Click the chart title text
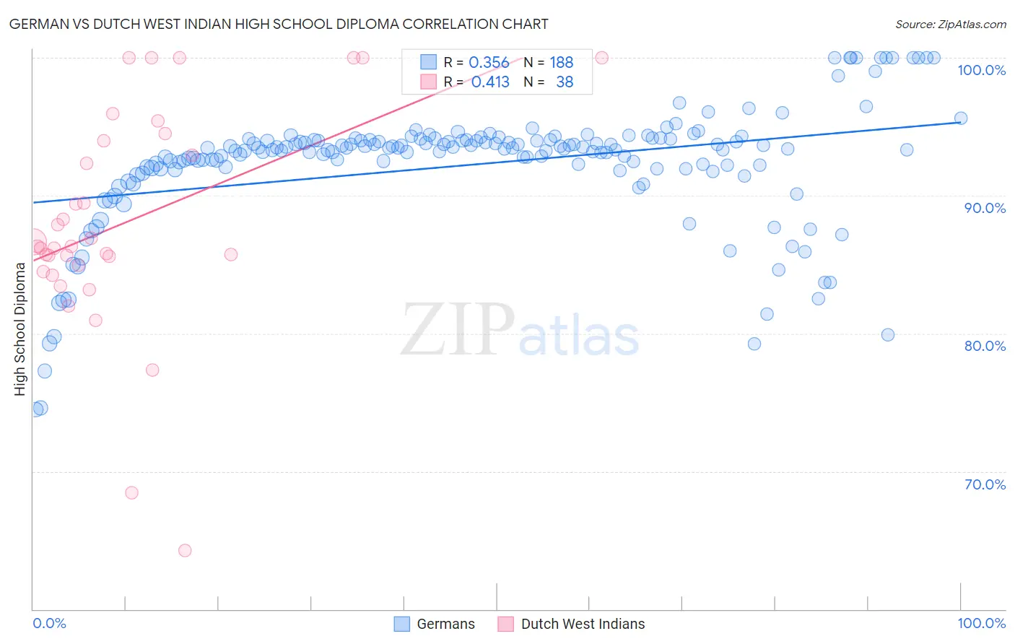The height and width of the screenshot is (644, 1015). pos(279,24)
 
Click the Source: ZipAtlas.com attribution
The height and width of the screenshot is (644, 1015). pos(950,24)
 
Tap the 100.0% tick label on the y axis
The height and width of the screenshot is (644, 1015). pos(981,70)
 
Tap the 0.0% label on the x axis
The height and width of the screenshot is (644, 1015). pos(49,623)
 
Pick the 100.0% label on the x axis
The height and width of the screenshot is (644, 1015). pos(981,623)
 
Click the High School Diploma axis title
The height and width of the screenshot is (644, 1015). pos(19,328)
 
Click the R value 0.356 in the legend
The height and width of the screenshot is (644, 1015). pos(489,63)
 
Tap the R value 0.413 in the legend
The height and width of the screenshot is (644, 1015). pos(490,82)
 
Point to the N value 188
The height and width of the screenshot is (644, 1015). pos(561,63)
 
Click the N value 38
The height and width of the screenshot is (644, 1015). pos(565,82)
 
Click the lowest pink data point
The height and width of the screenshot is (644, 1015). pos(185,550)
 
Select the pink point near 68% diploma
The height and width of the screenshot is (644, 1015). pos(131,492)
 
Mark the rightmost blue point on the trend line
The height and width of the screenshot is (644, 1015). pos(961,118)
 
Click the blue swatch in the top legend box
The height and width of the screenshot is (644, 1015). pos(429,62)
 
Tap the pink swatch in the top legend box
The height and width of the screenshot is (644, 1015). pos(429,82)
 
